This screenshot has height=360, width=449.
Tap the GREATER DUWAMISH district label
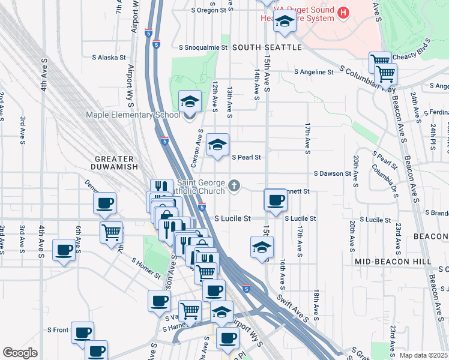coord(115,162)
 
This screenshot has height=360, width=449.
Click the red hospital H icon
coord(343,12)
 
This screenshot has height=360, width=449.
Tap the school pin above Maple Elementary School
coord(190,102)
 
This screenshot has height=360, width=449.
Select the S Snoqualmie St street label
coord(203,47)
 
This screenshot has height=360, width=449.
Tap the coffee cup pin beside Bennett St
coord(276,200)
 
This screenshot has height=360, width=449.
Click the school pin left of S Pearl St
coord(218,145)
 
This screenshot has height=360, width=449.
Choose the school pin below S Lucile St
coord(262,247)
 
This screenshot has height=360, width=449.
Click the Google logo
coord(20,353)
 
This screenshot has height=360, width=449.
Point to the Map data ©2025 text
coord(423,355)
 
